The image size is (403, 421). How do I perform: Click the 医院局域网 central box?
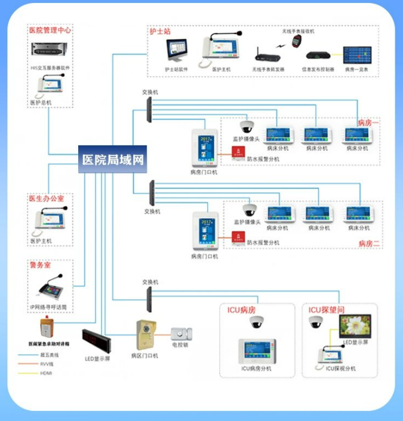coord(112,160)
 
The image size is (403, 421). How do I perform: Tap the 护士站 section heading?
coord(159,31)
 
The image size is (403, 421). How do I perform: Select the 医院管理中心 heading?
coord(50,30)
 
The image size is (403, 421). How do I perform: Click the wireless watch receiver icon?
coord(296,41)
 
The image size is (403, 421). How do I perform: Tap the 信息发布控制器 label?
coord(318,69)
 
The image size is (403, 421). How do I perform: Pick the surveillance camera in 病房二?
coord(249,210)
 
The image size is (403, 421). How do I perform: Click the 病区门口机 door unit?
coord(144,335)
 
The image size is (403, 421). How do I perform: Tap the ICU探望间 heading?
coord(327,310)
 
